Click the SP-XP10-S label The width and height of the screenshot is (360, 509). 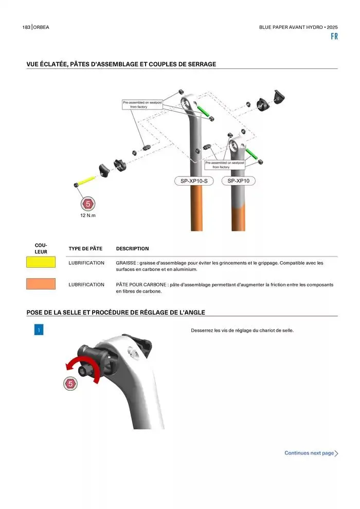194,181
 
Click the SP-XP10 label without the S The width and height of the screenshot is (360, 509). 238,181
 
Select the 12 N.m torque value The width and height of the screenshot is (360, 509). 88,215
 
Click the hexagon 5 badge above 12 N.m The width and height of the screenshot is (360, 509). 87,204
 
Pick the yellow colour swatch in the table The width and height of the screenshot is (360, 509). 41,262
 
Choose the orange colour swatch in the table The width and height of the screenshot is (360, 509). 41,284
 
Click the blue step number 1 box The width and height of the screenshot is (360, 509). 39,330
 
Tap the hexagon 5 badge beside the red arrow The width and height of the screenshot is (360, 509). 70,384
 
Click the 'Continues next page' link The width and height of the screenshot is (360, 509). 311,453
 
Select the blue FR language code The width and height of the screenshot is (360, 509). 334,37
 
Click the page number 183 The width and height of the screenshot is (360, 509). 26,27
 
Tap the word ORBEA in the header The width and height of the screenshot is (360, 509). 41,27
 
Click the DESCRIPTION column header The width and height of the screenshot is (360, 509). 133,249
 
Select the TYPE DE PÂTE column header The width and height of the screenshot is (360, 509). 85,249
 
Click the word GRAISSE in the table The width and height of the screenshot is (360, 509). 126,263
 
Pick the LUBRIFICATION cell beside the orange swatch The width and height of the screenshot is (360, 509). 86,285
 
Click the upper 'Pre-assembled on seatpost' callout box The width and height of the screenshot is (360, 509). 142,104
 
